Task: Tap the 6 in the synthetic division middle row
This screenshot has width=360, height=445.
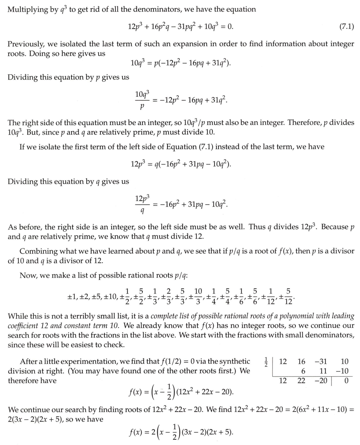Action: pos(303,371)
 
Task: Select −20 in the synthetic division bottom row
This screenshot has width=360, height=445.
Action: pos(321,381)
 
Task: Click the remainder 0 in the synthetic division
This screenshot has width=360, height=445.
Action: pos(346,381)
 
